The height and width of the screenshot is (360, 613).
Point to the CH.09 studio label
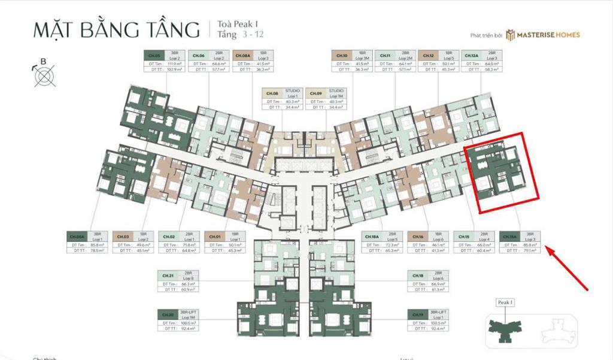315,93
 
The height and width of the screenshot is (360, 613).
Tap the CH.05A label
77,237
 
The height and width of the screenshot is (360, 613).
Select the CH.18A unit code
371,237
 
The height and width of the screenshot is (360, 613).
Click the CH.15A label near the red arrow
509,237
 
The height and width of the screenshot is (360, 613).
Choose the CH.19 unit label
417,313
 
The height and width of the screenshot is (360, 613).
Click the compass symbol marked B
43,77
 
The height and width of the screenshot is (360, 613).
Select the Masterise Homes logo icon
510,35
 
